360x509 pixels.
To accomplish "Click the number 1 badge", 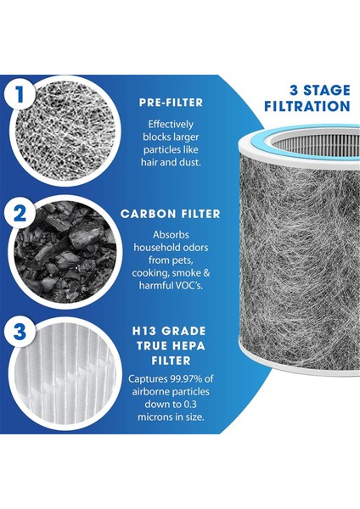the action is [20, 94].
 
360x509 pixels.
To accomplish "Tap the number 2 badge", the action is [20, 214].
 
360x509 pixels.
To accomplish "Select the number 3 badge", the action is [20, 332].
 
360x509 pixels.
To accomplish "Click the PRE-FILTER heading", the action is [171, 103].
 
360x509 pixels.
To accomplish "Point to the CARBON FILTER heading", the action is [171, 214].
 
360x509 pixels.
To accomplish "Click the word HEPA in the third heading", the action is [188, 346].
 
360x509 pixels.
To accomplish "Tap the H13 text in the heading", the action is [144, 331].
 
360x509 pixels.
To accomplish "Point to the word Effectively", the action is [171, 125].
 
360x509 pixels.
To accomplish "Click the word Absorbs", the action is [171, 235].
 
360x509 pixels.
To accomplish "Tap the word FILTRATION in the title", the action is [307, 106].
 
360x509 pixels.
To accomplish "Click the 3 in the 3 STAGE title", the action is [294, 90].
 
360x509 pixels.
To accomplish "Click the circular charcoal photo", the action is [65, 251].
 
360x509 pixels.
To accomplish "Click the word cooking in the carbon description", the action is [150, 273].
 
